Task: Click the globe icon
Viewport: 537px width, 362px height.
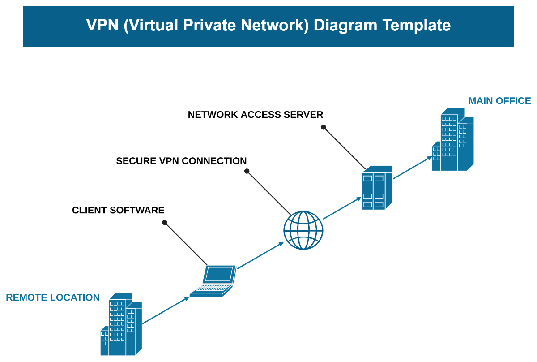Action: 303,230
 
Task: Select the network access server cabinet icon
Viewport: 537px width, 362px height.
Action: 376,188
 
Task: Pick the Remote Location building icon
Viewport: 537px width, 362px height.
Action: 121,324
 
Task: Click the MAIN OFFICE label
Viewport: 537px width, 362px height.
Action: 499,101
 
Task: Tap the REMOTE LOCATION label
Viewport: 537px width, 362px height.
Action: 53,297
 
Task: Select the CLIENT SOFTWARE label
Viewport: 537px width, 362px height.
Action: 118,210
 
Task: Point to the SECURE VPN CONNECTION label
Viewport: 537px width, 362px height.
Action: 181,161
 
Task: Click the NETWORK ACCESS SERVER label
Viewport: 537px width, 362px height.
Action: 255,115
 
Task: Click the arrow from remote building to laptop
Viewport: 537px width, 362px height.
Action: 166,310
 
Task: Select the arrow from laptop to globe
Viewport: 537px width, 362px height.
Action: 260,255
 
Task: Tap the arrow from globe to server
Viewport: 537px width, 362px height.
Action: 342,208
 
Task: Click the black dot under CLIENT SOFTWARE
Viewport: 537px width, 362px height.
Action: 165,222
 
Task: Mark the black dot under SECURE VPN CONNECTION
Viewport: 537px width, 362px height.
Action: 247,171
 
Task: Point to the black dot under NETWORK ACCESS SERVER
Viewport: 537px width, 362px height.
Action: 323,127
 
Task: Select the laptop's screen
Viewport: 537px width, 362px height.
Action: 219,274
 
